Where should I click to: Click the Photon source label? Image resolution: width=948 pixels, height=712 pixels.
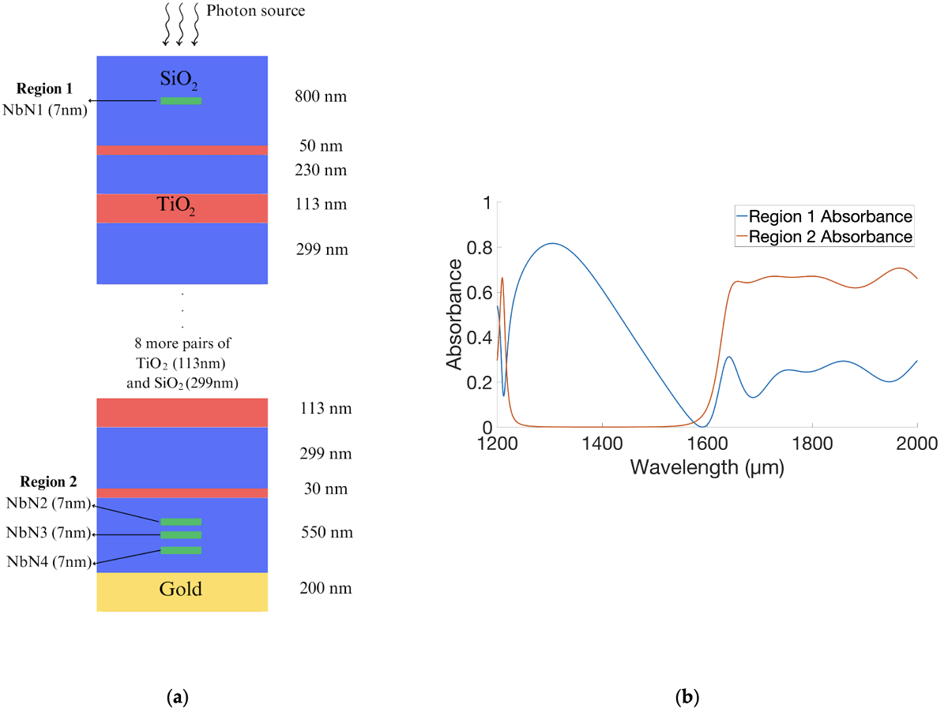(255, 11)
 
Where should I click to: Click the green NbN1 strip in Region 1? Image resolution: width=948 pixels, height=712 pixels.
(181, 101)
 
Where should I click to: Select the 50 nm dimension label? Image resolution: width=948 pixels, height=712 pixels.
(321, 146)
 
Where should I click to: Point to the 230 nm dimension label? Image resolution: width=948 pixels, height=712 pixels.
(320, 171)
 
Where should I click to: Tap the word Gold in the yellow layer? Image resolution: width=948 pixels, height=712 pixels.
(181, 590)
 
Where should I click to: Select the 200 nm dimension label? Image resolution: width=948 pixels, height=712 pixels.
(326, 589)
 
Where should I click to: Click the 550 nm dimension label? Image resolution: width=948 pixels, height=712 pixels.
(327, 533)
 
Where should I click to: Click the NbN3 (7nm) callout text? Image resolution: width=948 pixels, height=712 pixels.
(47, 534)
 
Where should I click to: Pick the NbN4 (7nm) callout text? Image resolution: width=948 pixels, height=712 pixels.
(47, 561)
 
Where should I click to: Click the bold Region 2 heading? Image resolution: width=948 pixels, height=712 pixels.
(47, 482)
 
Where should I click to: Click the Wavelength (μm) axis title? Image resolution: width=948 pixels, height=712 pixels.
(706, 467)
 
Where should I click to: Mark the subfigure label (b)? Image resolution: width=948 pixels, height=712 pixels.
(686, 697)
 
